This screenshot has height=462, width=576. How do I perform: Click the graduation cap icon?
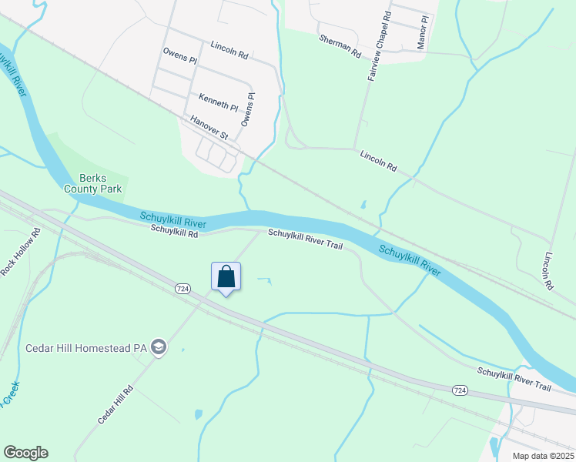click(x=158, y=347)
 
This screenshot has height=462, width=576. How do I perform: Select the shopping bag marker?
click(x=226, y=276)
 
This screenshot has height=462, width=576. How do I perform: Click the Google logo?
click(x=25, y=453)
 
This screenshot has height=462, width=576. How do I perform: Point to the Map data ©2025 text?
click(x=543, y=456)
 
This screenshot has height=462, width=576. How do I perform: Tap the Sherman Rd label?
click(x=340, y=45)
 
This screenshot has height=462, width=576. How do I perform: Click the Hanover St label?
click(x=210, y=127)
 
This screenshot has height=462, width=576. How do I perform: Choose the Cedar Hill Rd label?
click(x=116, y=403)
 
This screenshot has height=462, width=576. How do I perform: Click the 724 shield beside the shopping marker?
click(x=183, y=288)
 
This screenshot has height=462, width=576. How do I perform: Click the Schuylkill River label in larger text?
click(x=409, y=262)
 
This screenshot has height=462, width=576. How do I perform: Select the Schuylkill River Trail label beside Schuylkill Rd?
click(x=305, y=238)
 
